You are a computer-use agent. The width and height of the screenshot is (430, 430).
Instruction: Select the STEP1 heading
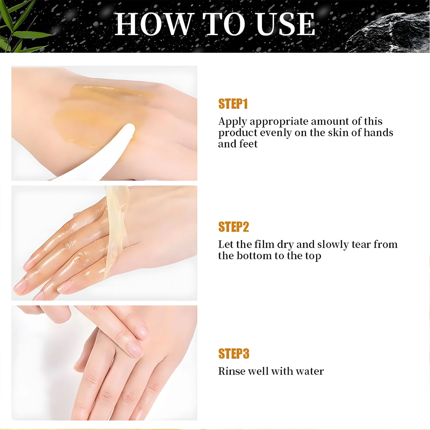233,104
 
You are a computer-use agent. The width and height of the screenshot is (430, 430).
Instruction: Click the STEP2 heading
234,227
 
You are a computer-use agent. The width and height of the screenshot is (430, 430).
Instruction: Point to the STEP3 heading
234,354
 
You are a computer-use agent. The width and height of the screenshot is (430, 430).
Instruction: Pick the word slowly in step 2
333,244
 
